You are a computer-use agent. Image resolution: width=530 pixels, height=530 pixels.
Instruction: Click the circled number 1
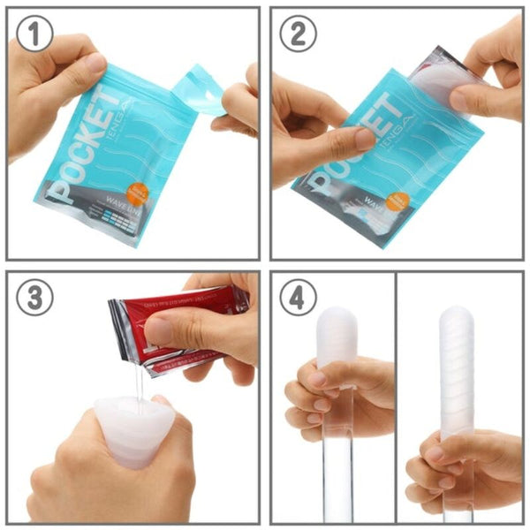pos(35,34)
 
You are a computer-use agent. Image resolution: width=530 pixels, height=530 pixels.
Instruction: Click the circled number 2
pos(298,34)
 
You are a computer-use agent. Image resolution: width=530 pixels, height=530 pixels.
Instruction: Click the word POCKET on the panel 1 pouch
pos(84,146)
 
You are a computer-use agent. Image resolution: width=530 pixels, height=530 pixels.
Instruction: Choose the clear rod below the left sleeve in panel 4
pos(337,468)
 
